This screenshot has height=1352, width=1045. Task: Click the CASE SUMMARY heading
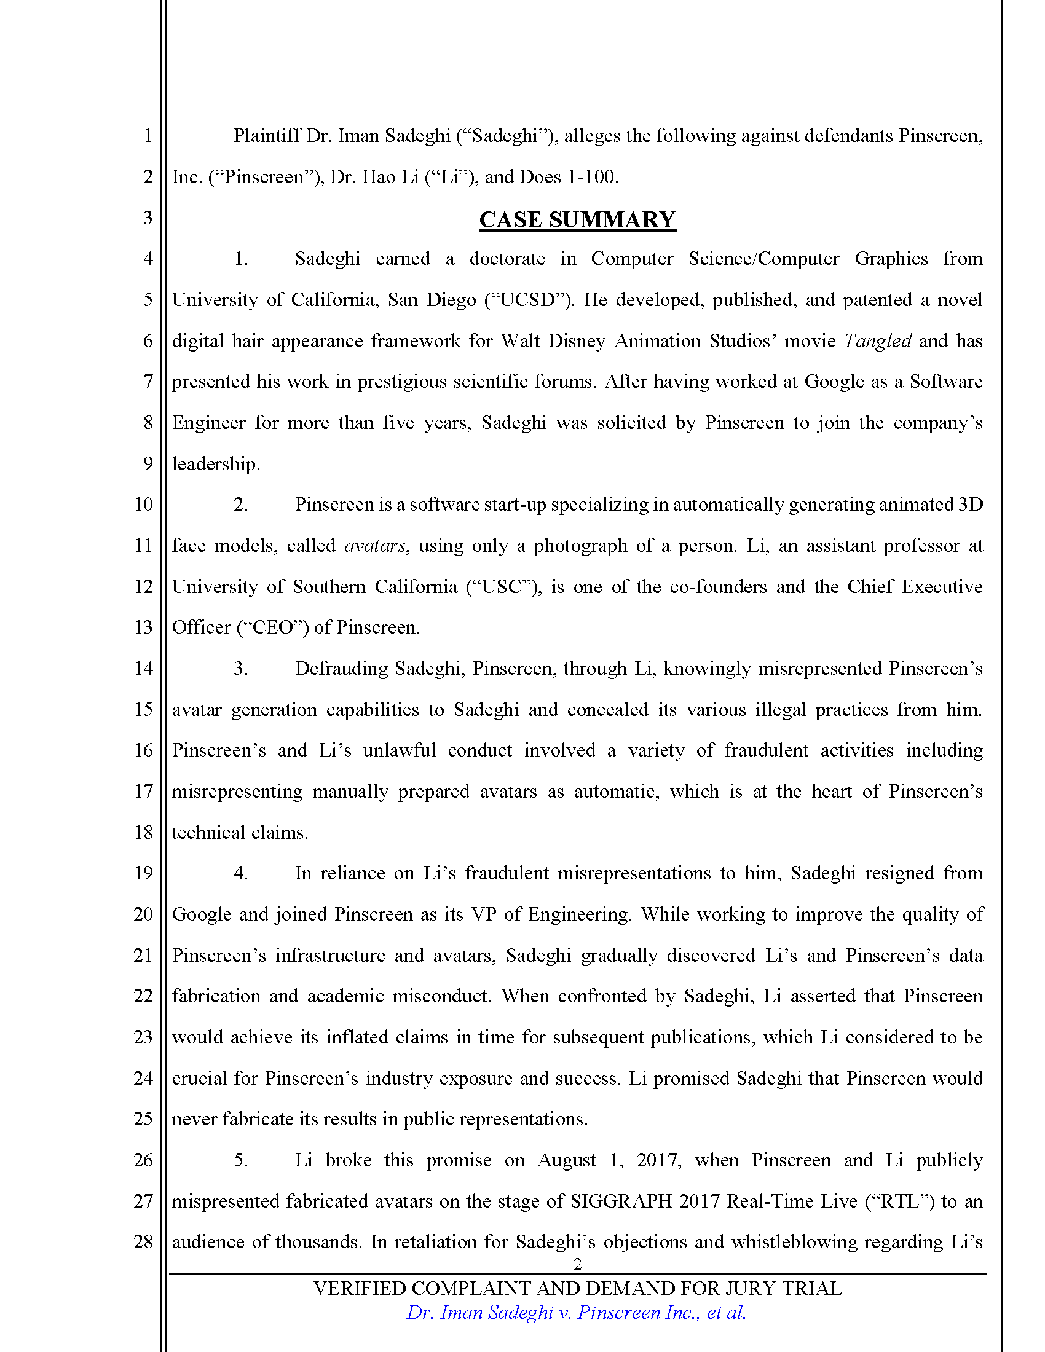pyautogui.click(x=577, y=220)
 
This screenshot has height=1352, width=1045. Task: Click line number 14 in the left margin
pyautogui.click(x=143, y=668)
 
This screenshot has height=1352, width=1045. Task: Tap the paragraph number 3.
pyautogui.click(x=241, y=668)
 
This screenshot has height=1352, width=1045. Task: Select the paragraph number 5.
pyautogui.click(x=241, y=1160)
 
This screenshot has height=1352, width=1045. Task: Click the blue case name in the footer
pyautogui.click(x=577, y=1313)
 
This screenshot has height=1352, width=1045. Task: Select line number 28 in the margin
pyautogui.click(x=143, y=1241)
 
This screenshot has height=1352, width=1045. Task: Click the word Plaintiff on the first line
pyautogui.click(x=267, y=136)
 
